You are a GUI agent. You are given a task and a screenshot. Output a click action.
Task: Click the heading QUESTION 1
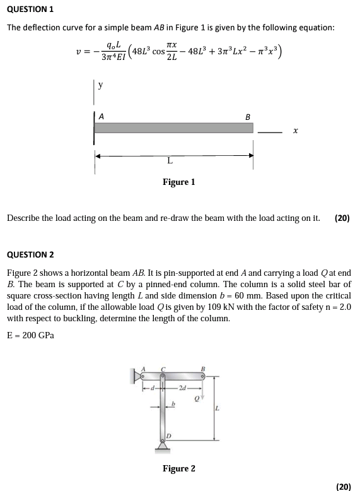pyautogui.click(x=30, y=9)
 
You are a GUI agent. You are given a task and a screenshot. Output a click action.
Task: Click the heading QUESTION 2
pyautogui.click(x=30, y=254)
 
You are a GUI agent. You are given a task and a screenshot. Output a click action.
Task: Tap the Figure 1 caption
pyautogui.click(x=178, y=182)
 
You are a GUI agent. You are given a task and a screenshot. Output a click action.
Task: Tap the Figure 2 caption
pyautogui.click(x=178, y=468)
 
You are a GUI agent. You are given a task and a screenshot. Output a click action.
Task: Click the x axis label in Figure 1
pyautogui.click(x=296, y=131)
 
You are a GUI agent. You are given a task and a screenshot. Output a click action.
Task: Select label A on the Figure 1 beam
pyautogui.click(x=102, y=117)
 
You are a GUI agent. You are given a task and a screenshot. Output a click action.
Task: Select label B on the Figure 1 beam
pyautogui.click(x=247, y=117)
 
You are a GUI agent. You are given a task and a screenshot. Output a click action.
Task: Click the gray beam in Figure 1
pyautogui.click(x=173, y=128)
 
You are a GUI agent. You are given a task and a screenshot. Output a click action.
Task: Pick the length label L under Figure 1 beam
pyautogui.click(x=170, y=161)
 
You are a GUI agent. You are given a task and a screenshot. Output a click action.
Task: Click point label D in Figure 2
pyautogui.click(x=168, y=435)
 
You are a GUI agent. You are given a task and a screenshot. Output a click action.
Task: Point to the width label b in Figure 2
pyautogui.click(x=173, y=402)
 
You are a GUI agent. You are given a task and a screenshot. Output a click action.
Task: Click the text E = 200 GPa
pyautogui.click(x=30, y=334)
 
